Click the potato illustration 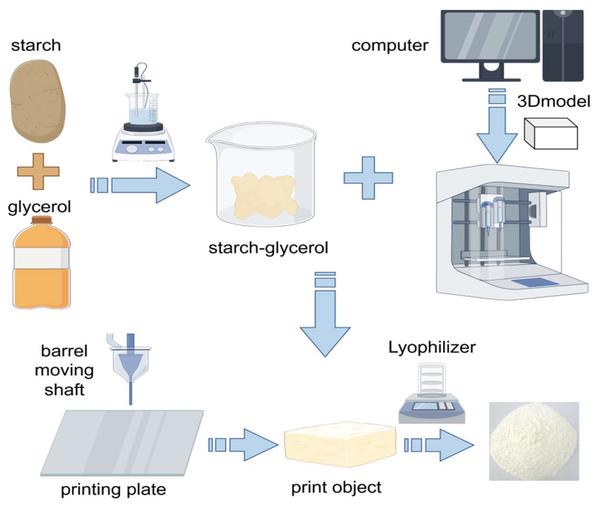click(x=38, y=101)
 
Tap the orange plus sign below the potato click(x=38, y=171)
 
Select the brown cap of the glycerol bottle click(x=42, y=220)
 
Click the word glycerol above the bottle click(x=39, y=207)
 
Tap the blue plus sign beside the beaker click(x=368, y=178)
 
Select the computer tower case click(x=562, y=46)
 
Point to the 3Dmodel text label click(x=553, y=101)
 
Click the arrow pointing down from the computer click(x=497, y=135)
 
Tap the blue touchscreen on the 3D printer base click(x=535, y=282)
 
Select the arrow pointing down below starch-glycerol click(x=325, y=324)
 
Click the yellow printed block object click(x=340, y=442)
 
